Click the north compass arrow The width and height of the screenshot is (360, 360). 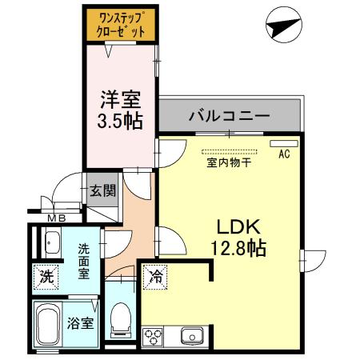click(x=285, y=27)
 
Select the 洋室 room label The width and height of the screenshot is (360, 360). click(x=120, y=101)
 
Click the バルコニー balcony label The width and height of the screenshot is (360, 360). click(x=229, y=117)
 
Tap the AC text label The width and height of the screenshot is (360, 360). click(x=283, y=155)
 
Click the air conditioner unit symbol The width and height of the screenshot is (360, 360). click(x=283, y=144)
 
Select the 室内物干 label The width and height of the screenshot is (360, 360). click(x=229, y=163)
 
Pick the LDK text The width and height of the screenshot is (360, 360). click(x=230, y=226)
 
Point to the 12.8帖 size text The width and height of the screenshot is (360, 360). click(x=230, y=248)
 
